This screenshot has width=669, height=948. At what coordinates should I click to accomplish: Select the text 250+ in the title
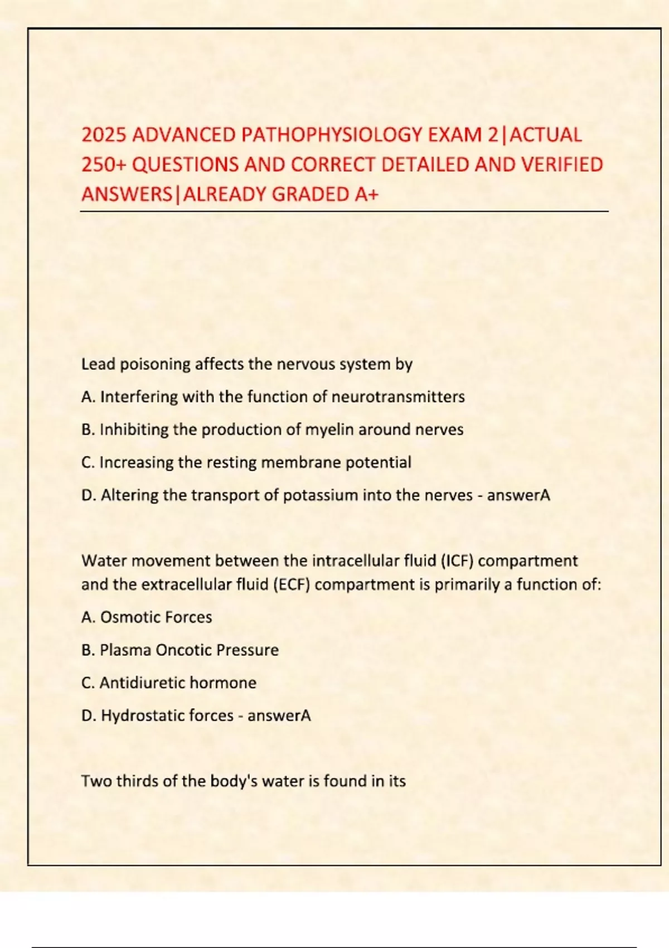104,165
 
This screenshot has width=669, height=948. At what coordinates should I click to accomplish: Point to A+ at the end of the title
366,194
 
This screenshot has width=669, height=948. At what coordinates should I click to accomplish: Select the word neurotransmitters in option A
398,397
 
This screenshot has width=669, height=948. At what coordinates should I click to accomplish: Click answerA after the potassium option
518,495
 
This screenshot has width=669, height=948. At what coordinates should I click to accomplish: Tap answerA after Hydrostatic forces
279,715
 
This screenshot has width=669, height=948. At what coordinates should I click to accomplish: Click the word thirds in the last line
137,781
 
